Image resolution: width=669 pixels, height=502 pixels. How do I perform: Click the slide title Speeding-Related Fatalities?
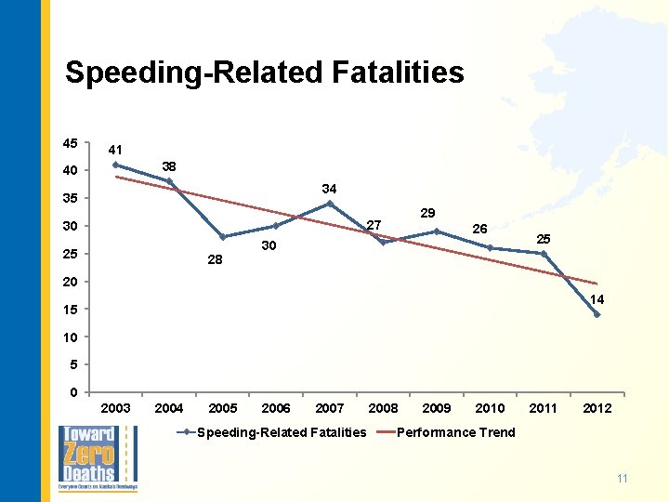(x=264, y=73)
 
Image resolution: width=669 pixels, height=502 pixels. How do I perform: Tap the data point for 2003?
(x=115, y=165)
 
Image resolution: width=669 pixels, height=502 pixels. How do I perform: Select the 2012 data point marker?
(x=597, y=314)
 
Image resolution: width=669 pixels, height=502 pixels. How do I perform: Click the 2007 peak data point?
(x=330, y=204)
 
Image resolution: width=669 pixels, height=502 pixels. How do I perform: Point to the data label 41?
(x=115, y=150)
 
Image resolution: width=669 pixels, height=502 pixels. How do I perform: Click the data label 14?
(x=597, y=299)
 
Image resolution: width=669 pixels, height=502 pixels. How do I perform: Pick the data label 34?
(x=329, y=189)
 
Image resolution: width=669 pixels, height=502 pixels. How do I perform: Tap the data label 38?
(x=169, y=166)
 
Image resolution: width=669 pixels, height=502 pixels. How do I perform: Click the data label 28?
(x=215, y=260)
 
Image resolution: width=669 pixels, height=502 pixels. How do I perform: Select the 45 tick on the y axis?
(x=71, y=143)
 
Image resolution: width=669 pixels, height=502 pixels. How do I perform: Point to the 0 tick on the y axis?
(x=73, y=392)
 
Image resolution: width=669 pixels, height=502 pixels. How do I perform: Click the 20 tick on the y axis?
(x=71, y=282)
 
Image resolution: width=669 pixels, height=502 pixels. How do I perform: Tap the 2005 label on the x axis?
(x=223, y=408)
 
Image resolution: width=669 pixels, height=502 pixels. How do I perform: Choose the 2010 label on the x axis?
(x=490, y=408)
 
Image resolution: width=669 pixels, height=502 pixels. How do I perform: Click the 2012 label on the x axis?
(x=597, y=408)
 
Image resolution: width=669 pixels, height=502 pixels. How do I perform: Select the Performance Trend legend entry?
(x=455, y=432)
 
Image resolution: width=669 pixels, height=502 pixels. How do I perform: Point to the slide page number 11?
(x=623, y=479)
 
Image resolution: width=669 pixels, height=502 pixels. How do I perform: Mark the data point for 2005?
(x=223, y=237)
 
